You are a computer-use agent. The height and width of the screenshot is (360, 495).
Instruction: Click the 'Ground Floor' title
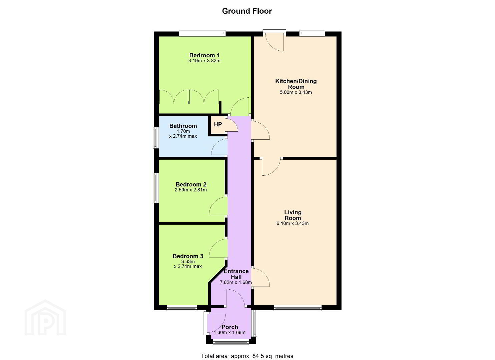click(247, 11)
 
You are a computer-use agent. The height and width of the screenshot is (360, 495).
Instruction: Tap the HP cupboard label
click(218, 125)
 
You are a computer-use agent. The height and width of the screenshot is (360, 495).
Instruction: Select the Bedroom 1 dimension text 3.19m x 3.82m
click(204, 61)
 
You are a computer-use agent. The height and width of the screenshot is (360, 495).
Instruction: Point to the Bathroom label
click(183, 126)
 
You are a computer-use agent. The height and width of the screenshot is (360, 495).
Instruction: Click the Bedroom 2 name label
click(191, 184)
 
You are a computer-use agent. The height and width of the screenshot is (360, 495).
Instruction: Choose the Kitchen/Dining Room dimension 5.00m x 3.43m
click(296, 92)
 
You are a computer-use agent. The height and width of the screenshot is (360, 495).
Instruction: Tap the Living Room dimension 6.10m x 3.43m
click(293, 223)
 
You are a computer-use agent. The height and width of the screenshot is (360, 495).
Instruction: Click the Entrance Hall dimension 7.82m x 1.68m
click(236, 282)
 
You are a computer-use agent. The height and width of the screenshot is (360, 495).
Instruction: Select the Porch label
click(230, 327)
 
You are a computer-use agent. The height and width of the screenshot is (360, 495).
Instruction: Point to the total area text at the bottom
click(247, 350)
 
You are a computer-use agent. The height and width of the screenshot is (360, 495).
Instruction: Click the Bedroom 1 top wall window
click(202, 34)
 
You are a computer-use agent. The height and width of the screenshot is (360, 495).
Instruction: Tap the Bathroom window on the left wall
click(156, 138)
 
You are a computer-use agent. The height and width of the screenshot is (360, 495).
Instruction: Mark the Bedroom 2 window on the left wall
click(156, 188)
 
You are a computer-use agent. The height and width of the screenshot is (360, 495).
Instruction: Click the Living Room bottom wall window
click(298, 308)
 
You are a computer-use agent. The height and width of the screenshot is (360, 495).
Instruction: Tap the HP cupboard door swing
click(232, 124)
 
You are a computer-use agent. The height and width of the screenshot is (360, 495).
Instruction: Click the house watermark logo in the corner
click(45, 318)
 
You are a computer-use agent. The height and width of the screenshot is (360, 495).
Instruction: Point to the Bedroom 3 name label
click(188, 256)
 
